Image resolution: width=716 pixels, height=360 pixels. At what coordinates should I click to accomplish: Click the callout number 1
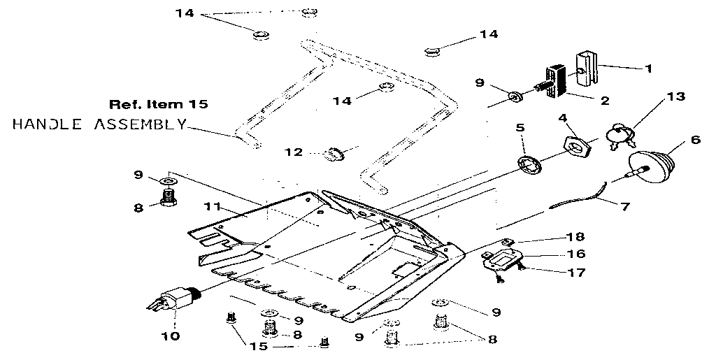pyautogui.click(x=648, y=69)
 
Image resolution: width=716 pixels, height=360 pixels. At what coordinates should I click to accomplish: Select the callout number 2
pyautogui.click(x=604, y=100)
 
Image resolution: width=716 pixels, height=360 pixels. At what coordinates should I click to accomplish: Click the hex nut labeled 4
pyautogui.click(x=578, y=146)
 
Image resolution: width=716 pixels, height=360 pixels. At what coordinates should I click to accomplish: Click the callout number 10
pyautogui.click(x=171, y=336)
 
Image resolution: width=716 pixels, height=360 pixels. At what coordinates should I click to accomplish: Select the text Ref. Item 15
pyautogui.click(x=158, y=104)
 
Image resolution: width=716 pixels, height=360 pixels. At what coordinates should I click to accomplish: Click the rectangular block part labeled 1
pyautogui.click(x=586, y=66)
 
